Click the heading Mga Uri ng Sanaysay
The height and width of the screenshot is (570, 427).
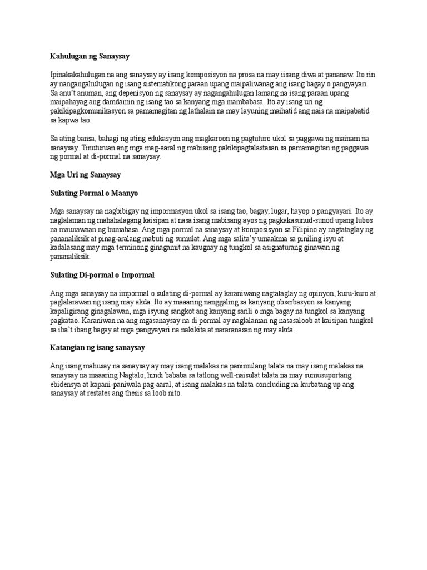(85, 175)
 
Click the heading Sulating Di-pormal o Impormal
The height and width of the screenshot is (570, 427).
(102, 275)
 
